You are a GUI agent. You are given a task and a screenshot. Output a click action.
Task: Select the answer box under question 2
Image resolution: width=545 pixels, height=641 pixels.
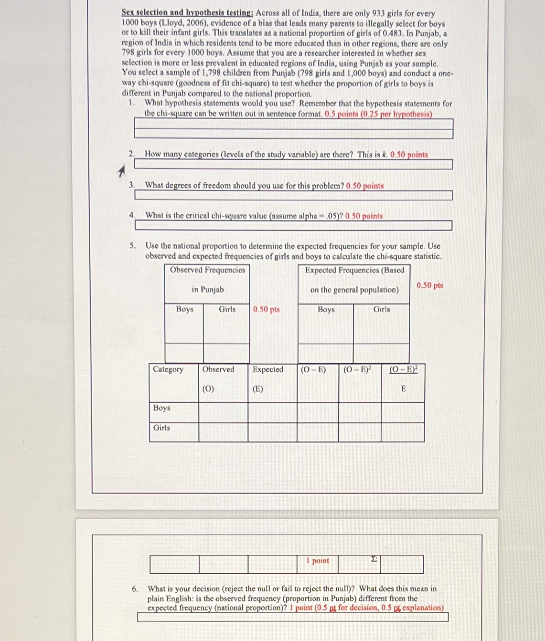point(293,165)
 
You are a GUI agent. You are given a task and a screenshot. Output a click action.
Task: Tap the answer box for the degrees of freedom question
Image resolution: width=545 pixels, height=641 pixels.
point(293,195)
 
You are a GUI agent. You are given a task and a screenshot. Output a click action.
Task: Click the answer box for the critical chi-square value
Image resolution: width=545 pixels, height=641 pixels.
point(293,225)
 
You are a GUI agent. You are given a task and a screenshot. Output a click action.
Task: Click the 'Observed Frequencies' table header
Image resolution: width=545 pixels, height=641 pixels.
point(207,270)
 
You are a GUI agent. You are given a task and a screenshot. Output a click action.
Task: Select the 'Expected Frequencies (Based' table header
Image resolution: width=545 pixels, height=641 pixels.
point(354,270)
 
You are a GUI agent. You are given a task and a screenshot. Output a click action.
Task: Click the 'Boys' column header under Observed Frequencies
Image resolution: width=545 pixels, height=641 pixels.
point(184,309)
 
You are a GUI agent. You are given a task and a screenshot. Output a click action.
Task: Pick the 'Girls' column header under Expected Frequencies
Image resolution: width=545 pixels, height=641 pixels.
point(381,309)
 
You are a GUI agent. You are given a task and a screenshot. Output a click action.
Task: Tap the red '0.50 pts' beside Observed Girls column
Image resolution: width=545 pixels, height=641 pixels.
point(266,309)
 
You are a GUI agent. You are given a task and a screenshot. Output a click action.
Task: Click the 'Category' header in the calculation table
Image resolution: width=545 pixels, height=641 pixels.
point(168,369)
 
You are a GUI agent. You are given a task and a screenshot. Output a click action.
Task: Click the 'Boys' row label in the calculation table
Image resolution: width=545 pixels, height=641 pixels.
point(161,408)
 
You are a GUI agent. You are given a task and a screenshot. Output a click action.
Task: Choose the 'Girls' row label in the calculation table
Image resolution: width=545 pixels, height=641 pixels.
point(161,428)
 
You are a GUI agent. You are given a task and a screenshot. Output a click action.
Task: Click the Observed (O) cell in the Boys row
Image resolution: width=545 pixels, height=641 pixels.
point(223,412)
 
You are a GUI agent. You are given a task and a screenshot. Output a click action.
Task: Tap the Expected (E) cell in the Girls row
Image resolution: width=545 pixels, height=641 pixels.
point(272,432)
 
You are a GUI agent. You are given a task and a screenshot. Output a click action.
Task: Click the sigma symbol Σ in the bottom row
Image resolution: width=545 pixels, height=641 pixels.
point(374,559)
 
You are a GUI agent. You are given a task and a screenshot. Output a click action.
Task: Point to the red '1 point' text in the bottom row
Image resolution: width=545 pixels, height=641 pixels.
point(318,561)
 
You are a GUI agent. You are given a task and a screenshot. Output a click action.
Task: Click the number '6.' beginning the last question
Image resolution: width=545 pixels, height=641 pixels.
point(135,589)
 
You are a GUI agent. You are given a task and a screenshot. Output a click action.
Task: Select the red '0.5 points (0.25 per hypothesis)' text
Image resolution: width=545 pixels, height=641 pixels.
point(378,114)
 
